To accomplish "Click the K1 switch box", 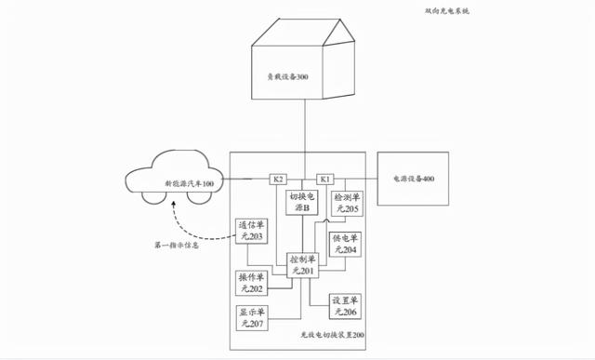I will point(325,179).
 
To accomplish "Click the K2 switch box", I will point(278,179).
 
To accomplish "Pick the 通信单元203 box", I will point(250,231).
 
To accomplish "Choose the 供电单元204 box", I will point(346,245).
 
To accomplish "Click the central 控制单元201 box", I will point(303,264).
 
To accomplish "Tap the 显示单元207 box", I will point(252,317).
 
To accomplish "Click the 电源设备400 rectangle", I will point(413,178).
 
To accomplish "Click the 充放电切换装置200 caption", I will point(332,335).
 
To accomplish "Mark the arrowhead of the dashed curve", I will point(174,213).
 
